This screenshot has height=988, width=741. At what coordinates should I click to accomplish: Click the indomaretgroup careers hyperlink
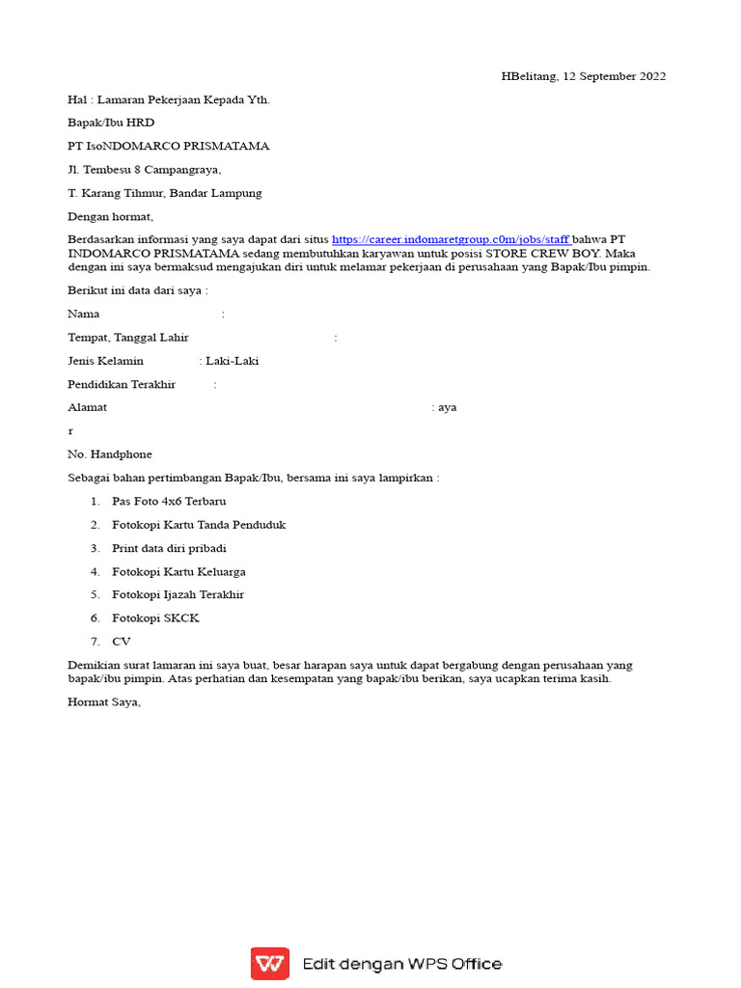point(451,239)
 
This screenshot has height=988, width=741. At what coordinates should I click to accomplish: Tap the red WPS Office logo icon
point(269,963)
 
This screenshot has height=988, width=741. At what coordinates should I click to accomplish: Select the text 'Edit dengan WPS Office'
point(402,964)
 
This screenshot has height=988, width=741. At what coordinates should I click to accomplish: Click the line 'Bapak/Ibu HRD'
point(111,123)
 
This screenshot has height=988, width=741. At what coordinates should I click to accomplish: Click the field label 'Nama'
point(84,314)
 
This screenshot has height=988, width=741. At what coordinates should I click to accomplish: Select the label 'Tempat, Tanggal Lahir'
point(128,338)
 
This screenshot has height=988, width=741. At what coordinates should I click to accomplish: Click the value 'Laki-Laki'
point(233,361)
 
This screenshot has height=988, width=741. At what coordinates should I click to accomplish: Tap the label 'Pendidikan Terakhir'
point(122,384)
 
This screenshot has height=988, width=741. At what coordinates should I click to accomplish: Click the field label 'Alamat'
point(88,407)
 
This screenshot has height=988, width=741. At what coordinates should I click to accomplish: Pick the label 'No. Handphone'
point(110,453)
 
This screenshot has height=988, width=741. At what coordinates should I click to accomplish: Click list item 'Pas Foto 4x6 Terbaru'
point(170,502)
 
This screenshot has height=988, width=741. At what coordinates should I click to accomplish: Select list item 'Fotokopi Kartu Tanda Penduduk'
point(199,525)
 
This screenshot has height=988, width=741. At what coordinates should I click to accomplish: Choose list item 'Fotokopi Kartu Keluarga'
point(178,571)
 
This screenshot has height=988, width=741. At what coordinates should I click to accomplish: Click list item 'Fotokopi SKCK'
point(155,617)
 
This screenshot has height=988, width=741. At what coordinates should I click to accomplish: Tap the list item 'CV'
point(121,641)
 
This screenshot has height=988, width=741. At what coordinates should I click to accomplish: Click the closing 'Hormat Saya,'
point(104,702)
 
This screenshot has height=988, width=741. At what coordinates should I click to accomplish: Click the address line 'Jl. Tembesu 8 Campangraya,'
point(145,169)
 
